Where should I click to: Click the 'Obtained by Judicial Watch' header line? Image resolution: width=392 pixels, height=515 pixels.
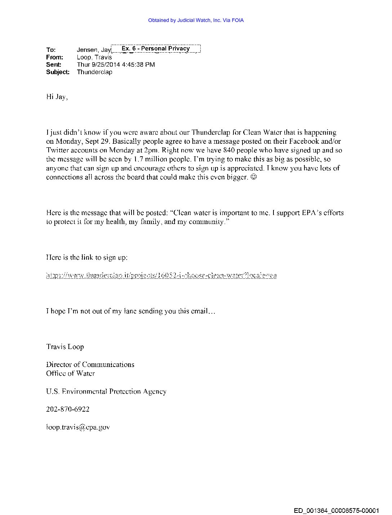pos(196,21)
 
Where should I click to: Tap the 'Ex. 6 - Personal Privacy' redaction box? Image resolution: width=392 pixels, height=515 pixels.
pos(156,49)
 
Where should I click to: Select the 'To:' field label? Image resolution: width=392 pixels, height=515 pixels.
pos(51,50)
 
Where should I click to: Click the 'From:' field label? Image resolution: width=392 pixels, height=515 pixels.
pos(54,57)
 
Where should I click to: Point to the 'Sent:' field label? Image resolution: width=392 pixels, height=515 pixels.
pos(54,65)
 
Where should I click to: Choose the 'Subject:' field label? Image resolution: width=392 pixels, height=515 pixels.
pos(58,72)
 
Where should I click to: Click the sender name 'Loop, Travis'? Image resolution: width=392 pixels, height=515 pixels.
pos(94,57)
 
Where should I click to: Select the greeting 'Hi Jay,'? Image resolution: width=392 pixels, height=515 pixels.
pos(57,97)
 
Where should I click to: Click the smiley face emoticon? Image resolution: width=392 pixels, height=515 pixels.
pos(254,177)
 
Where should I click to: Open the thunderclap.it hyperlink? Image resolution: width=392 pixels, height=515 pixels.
pos(161,276)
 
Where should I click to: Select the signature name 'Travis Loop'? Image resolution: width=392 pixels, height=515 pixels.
pos(65,347)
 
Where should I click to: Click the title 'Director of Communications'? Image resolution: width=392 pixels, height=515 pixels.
pos(90,364)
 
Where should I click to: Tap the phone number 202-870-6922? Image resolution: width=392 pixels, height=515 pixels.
pos(68,409)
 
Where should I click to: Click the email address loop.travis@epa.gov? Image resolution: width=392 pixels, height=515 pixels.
pos(78,427)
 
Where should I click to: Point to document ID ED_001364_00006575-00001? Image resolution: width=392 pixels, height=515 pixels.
pos(336,510)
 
